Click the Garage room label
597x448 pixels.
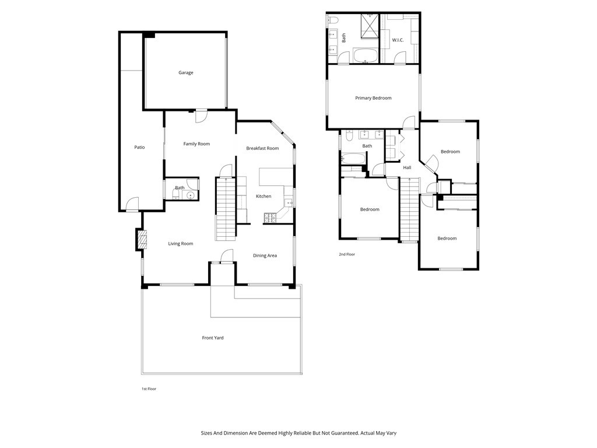186,73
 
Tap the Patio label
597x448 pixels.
139,148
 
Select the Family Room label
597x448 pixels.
196,144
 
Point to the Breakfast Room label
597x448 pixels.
262,149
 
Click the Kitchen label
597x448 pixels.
264,197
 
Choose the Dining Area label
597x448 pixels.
265,256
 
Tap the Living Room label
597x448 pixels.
181,244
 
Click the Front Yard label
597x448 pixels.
213,338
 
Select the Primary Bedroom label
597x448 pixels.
373,98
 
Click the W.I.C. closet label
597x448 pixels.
398,40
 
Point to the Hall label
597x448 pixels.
407,168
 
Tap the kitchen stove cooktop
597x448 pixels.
271,218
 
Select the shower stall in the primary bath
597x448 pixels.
370,24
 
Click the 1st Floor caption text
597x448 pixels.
149,388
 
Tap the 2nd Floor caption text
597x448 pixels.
347,254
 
